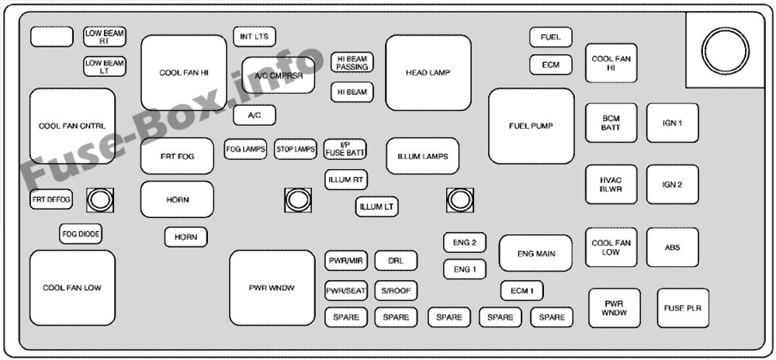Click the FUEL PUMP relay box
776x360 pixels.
pos(531,126)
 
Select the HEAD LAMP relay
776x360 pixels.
pos(428,73)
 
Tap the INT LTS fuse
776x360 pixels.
pos(255,36)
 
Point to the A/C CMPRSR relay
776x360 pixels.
pos(279,76)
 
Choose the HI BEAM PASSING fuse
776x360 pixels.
pos(352,63)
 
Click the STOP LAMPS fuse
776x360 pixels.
pos(296,149)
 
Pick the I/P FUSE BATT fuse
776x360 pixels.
pos(345,149)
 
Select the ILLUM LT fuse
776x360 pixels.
pos(377,207)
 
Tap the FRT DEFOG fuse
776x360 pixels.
pos(51,200)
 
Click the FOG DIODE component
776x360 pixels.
pos(81,233)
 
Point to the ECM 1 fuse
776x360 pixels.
pos(521,291)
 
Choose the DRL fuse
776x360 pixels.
pos(396,261)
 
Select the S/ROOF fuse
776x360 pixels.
pos(396,291)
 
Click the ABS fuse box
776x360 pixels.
pos(672,247)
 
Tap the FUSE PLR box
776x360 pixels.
pos(683,308)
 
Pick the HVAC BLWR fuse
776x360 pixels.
pos(611,185)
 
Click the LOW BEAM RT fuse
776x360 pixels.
pos(105,36)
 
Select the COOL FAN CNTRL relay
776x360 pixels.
pos(72,126)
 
